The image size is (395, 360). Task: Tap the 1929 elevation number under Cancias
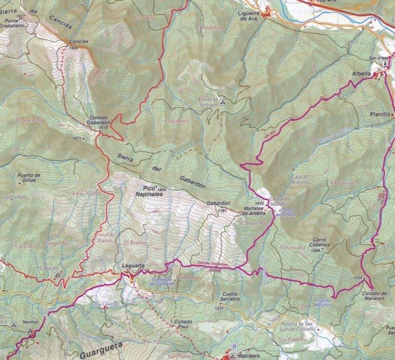click(73, 48)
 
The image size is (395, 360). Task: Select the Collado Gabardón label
click(98, 120)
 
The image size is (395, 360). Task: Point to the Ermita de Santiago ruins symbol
click(223, 102)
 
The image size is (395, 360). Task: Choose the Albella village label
click(361, 74)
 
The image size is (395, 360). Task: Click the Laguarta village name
click(132, 266)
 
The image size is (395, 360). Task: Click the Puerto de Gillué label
click(29, 178)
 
